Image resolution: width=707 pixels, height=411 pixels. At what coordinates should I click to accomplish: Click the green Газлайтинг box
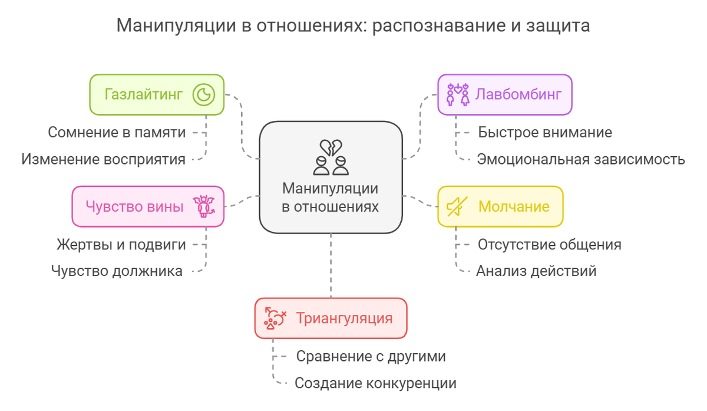(x=156, y=94)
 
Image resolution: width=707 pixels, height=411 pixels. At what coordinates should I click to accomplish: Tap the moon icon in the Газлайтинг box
(x=203, y=94)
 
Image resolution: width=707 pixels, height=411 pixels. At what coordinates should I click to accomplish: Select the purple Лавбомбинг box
(x=505, y=94)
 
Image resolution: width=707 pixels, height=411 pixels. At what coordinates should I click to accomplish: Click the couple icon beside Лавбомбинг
(x=458, y=94)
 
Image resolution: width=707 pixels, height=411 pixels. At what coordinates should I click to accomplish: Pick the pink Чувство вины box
(x=147, y=206)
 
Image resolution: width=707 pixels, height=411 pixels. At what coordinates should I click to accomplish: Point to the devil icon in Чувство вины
(x=204, y=206)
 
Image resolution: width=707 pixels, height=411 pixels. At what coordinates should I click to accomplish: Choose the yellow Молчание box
(x=500, y=206)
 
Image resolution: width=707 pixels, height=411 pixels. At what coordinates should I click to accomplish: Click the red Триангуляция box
(x=331, y=318)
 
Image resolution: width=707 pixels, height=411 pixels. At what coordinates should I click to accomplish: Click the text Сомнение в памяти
(x=117, y=133)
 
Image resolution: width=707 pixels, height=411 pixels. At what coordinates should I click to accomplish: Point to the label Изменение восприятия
(x=103, y=159)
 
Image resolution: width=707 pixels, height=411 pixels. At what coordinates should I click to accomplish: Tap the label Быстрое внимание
(x=544, y=133)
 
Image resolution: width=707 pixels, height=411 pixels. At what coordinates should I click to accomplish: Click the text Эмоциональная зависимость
(x=580, y=159)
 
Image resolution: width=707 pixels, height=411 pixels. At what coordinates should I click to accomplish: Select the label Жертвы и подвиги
(x=121, y=244)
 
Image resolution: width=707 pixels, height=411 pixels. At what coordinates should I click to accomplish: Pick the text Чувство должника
(x=117, y=271)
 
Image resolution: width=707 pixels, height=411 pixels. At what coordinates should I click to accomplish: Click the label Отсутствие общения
(x=549, y=244)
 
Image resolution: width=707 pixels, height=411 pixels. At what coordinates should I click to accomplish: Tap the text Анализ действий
(x=536, y=271)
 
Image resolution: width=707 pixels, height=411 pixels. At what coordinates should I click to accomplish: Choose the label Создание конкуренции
(x=375, y=383)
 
